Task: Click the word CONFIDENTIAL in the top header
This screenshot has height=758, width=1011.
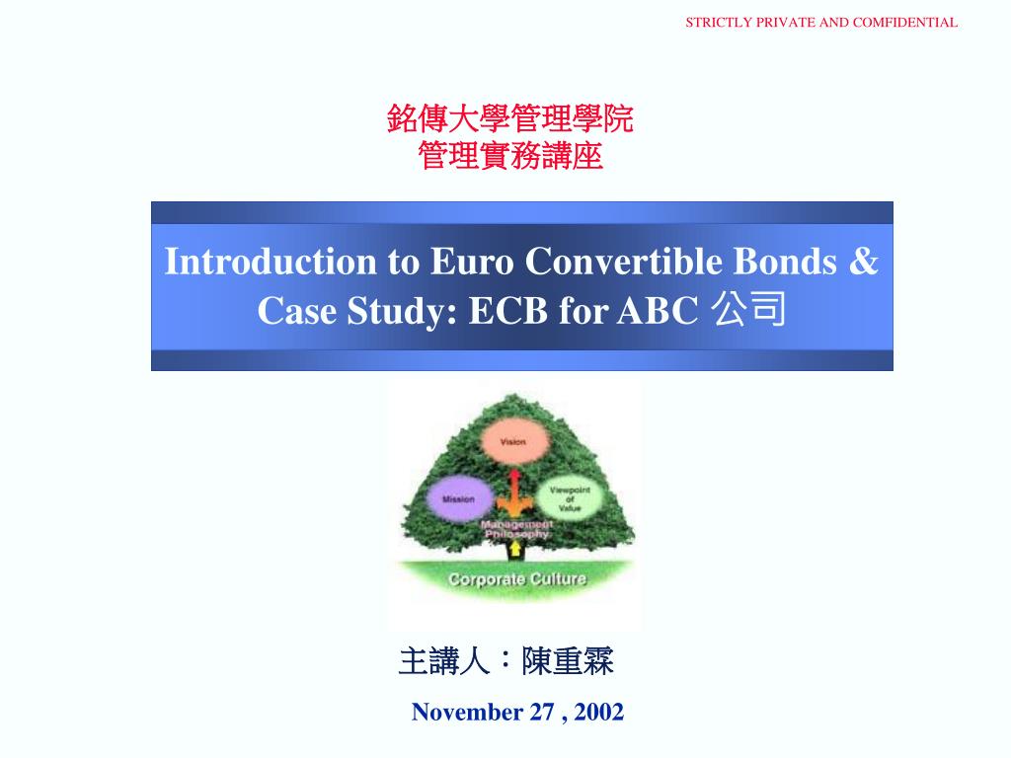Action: point(904,22)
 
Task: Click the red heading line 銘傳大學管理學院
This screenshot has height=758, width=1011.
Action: point(510,119)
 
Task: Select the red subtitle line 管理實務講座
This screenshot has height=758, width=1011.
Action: point(510,155)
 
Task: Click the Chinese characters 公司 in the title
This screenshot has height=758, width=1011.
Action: point(748,310)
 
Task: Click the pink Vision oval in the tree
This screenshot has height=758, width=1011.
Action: point(512,441)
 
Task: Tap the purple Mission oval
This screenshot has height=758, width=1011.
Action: point(458,498)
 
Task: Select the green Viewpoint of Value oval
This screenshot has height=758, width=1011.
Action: point(571,496)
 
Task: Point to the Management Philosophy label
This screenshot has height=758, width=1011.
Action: point(515,528)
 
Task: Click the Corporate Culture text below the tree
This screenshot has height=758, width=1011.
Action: point(517,578)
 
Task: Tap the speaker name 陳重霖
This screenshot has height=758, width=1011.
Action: point(568,661)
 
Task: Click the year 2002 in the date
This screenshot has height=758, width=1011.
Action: point(598,712)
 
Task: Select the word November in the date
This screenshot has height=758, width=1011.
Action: point(468,712)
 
